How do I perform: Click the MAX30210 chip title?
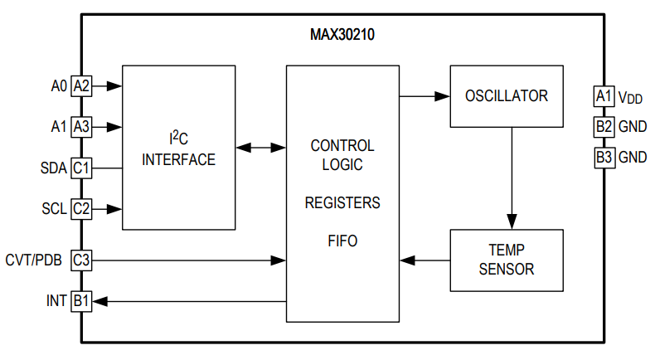click(x=342, y=35)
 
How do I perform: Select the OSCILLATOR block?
click(x=506, y=95)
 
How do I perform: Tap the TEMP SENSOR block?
click(x=506, y=260)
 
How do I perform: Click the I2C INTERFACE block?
click(x=178, y=148)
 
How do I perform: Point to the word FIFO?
click(x=342, y=241)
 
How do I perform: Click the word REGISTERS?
click(x=342, y=202)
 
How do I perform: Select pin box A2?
click(x=81, y=85)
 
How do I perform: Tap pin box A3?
click(x=81, y=127)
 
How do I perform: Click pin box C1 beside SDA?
click(x=81, y=168)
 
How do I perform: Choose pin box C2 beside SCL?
click(x=81, y=208)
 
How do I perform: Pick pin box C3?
click(x=81, y=260)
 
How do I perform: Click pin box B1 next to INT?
click(x=81, y=301)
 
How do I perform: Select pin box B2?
click(x=604, y=127)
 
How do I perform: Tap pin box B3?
click(x=604, y=157)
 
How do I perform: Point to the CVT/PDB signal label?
click(x=34, y=260)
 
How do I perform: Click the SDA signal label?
click(x=53, y=168)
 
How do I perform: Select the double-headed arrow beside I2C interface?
click(x=260, y=148)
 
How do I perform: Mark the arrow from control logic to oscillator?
click(x=424, y=96)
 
